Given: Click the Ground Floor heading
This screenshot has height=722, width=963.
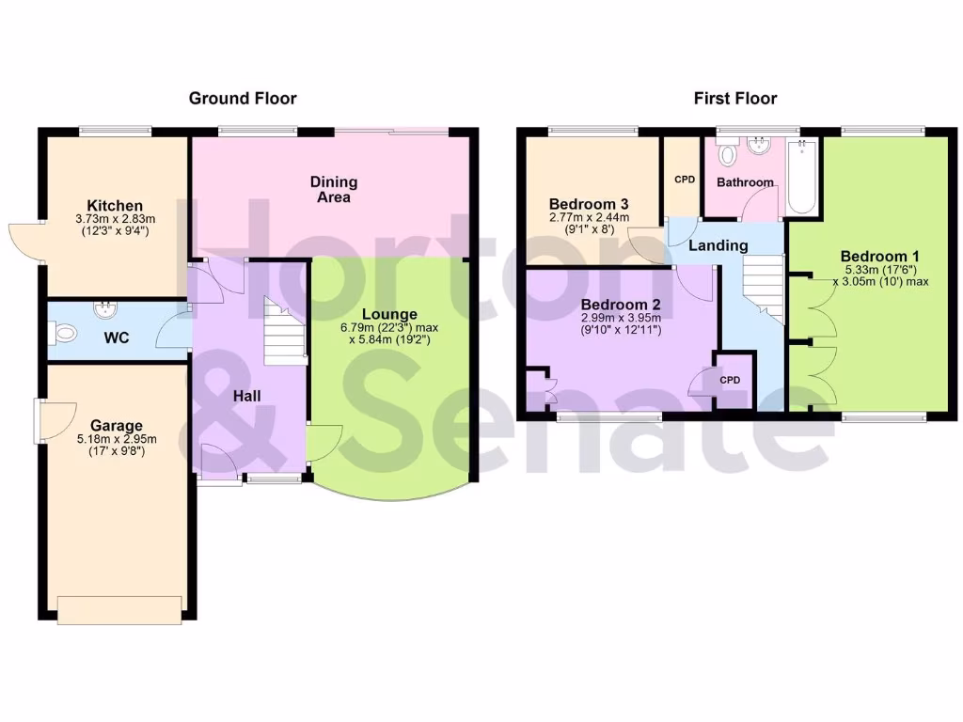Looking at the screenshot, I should point(243,98).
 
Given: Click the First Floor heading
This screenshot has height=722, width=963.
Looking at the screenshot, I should point(735,98).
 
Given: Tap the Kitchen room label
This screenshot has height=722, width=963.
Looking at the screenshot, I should point(115,206).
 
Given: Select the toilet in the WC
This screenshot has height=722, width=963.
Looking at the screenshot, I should point(64,332).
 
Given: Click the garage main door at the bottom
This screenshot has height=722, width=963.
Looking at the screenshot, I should point(119,609).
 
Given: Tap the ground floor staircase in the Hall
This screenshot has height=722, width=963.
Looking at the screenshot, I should point(285,334).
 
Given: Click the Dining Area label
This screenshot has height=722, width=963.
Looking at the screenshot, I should point(334,189).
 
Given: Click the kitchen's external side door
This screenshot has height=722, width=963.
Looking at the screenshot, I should point(25,243).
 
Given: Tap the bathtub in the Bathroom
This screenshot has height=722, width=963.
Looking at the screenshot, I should point(802,178).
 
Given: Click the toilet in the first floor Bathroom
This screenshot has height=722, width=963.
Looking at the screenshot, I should point(728,154).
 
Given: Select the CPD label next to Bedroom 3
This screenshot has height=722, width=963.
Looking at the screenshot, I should point(684,178).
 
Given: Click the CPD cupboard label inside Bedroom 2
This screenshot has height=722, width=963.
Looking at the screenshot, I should point(731,380).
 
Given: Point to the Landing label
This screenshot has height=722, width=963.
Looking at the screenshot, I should point(718,245).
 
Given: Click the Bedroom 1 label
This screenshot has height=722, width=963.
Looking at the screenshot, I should point(880,256).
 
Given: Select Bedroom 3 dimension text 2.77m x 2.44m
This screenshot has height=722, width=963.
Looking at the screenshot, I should point(589,216).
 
